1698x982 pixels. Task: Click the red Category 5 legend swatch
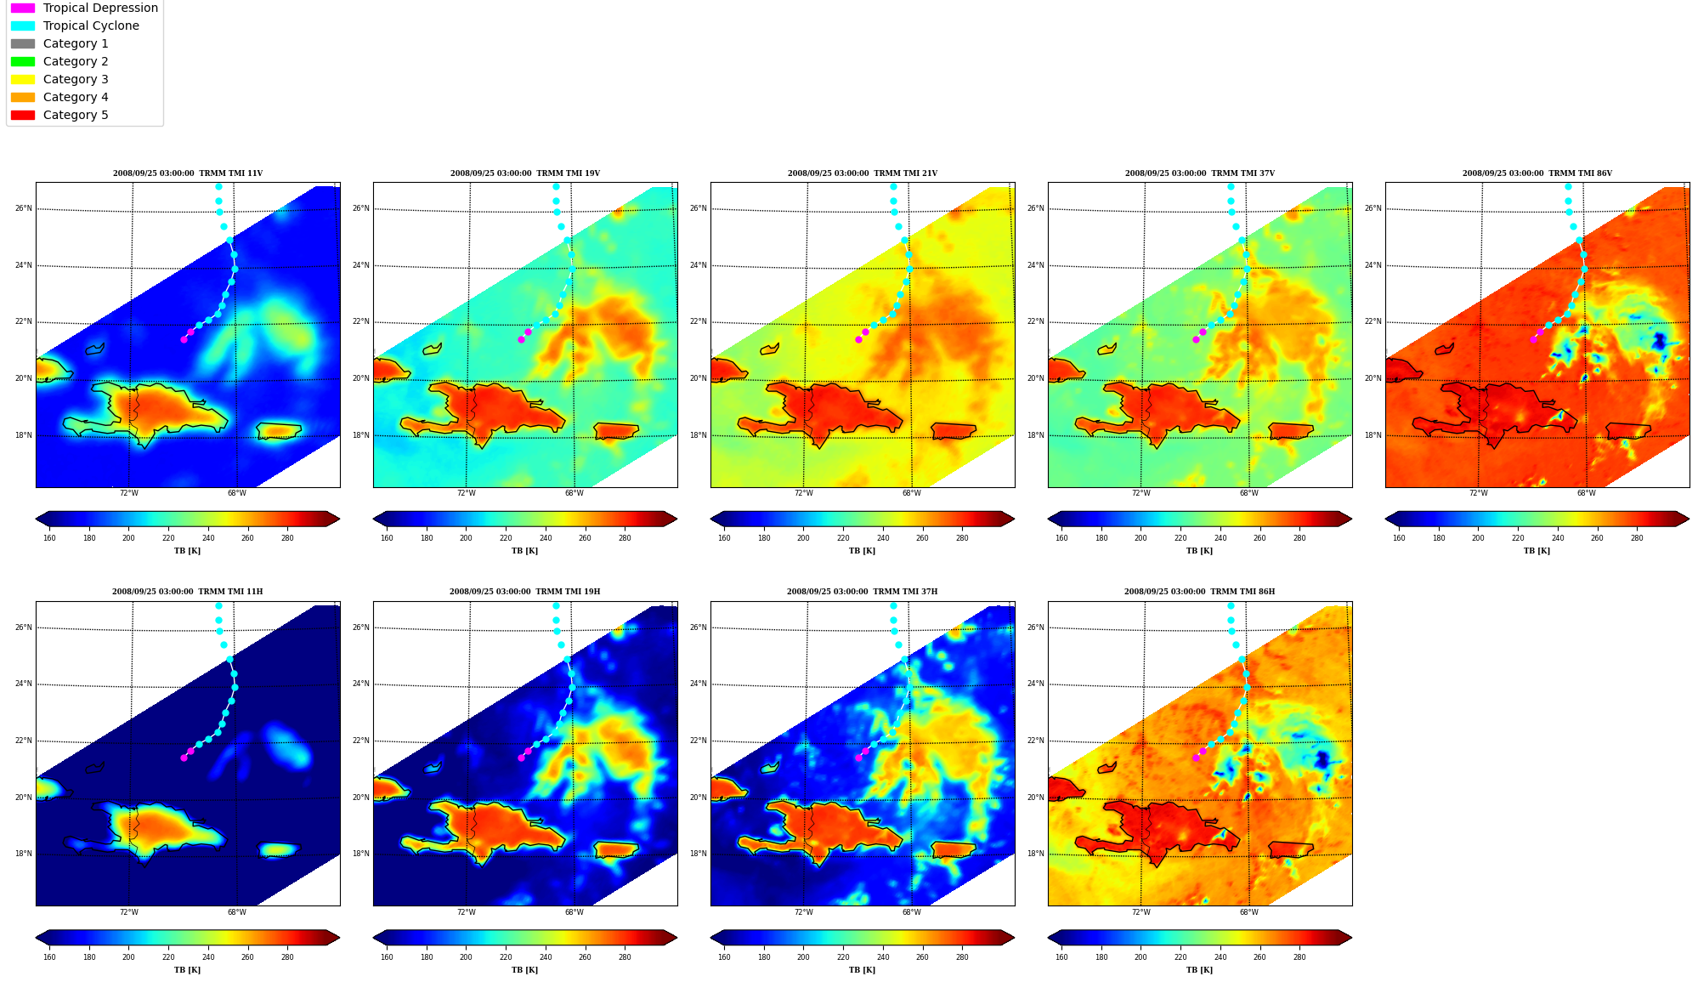pyautogui.click(x=23, y=115)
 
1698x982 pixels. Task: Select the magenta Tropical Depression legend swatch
pyautogui.click(x=23, y=8)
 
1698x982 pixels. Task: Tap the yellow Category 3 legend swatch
pyautogui.click(x=23, y=79)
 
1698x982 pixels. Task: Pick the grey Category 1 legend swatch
pyautogui.click(x=23, y=43)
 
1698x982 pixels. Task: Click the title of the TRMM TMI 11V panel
pyautogui.click(x=188, y=173)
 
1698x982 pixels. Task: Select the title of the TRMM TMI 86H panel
pyautogui.click(x=1199, y=592)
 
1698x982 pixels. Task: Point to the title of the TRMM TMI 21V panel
pyautogui.click(x=863, y=173)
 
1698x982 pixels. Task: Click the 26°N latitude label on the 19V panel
pyautogui.click(x=360, y=208)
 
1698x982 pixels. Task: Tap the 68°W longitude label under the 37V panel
pyautogui.click(x=1248, y=493)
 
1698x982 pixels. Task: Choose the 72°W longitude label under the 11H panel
pyautogui.click(x=128, y=912)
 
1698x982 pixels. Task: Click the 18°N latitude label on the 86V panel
pyautogui.click(x=1373, y=435)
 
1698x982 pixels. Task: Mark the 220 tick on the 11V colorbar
pyautogui.click(x=168, y=537)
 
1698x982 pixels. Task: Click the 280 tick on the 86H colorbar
pyautogui.click(x=1299, y=957)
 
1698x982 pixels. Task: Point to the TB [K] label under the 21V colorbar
pyautogui.click(x=862, y=551)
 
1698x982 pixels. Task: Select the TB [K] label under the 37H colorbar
pyautogui.click(x=862, y=970)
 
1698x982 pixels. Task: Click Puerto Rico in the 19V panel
pyautogui.click(x=616, y=431)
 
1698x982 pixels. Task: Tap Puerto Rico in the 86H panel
pyautogui.click(x=1291, y=849)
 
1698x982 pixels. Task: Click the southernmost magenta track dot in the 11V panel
pyautogui.click(x=184, y=339)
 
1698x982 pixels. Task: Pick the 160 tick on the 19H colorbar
pyautogui.click(x=387, y=957)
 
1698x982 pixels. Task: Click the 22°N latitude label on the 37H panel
pyautogui.click(x=698, y=741)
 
